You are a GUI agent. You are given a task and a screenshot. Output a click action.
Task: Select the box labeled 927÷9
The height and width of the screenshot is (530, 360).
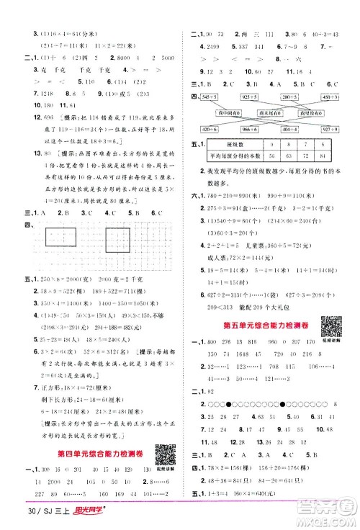tap(337, 127)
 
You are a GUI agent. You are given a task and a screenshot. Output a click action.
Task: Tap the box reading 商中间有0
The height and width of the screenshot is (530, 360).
tap(230, 112)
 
